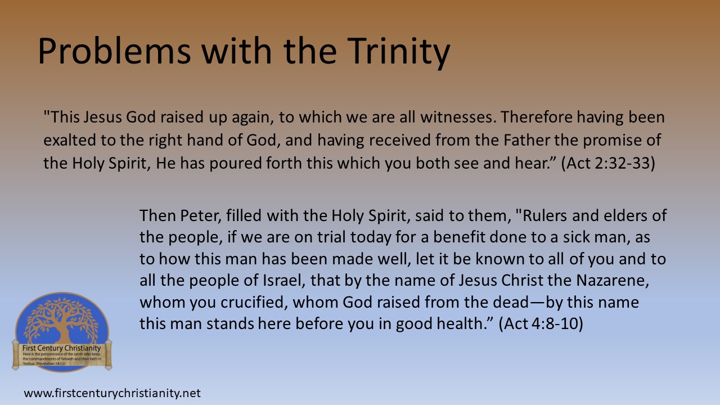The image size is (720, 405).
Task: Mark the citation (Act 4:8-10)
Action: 541,323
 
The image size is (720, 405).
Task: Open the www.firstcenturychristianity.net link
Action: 112,393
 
